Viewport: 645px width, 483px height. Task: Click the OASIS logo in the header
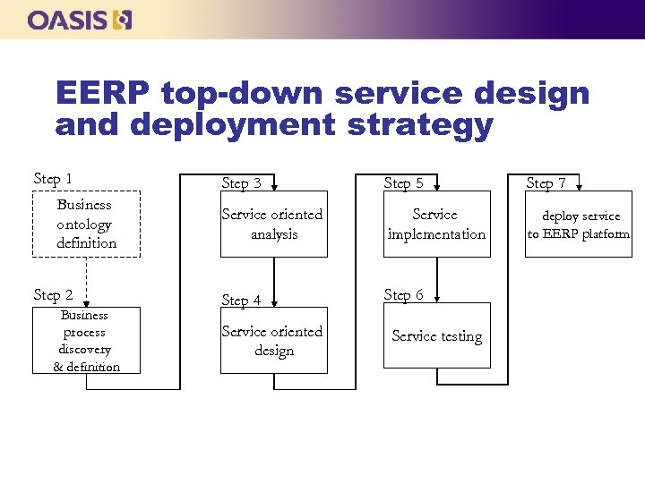click(80, 19)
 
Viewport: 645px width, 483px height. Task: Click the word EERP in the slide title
click(104, 93)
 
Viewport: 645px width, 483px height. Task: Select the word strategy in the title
click(419, 124)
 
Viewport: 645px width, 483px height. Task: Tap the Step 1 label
click(53, 179)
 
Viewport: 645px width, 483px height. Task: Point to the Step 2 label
click(53, 295)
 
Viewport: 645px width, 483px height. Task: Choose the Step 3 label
click(241, 183)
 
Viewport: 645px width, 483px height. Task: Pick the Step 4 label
click(241, 301)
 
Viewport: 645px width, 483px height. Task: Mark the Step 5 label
click(403, 183)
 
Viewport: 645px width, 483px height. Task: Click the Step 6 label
click(403, 295)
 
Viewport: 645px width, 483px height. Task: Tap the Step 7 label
click(546, 183)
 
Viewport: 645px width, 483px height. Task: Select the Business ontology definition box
click(86, 224)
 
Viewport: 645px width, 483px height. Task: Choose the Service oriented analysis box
click(273, 225)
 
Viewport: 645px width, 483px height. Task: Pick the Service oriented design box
click(273, 341)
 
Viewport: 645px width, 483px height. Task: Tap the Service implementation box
click(436, 225)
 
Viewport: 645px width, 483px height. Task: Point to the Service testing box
click(436, 336)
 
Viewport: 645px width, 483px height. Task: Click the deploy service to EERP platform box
click(578, 225)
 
